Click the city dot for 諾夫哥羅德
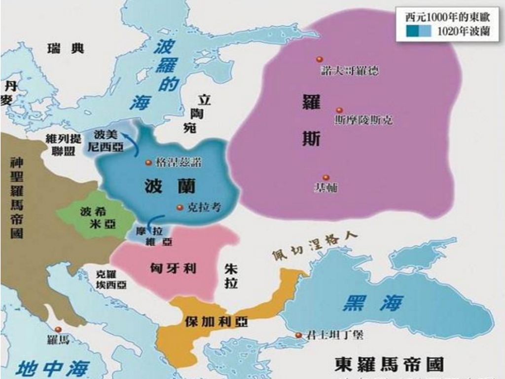pyautogui.click(x=319, y=59)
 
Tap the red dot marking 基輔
pyautogui.click(x=325, y=177)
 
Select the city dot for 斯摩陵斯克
pyautogui.click(x=339, y=111)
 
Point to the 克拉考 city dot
pyautogui.click(x=180, y=208)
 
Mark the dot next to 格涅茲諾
pyautogui.click(x=148, y=162)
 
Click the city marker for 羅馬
pyautogui.click(x=58, y=329)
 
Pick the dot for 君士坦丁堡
pyautogui.click(x=298, y=335)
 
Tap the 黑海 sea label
pyautogui.click(x=373, y=303)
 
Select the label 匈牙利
pyautogui.click(x=173, y=268)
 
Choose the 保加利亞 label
pyautogui.click(x=216, y=322)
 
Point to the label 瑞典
pyautogui.click(x=66, y=48)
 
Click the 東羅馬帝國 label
pyautogui.click(x=389, y=364)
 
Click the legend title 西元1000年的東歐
pyautogui.click(x=448, y=16)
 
